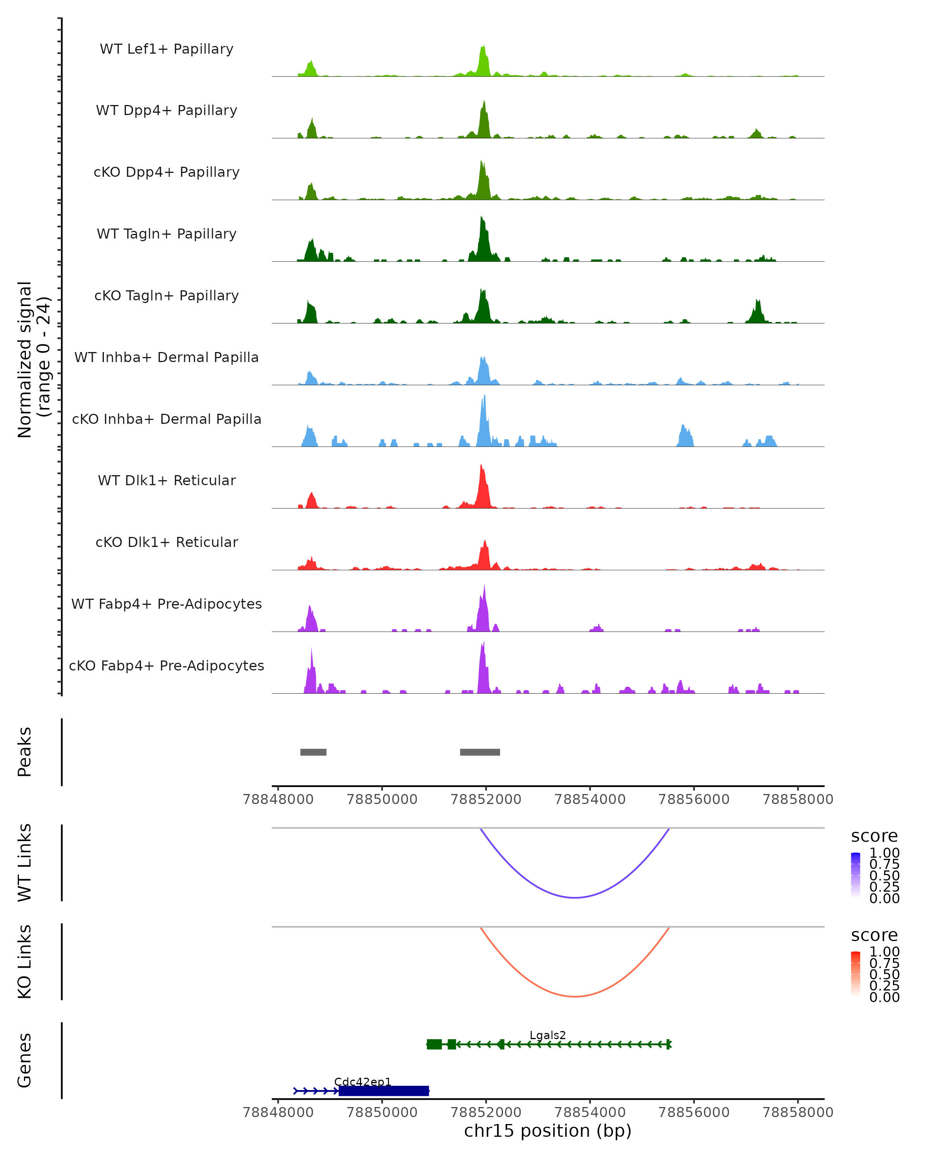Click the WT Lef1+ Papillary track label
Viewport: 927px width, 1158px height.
166,49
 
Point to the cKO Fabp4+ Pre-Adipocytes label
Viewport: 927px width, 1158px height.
166,665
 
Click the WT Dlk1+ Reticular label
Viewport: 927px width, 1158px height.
166,480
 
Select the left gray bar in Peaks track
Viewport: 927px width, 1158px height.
313,752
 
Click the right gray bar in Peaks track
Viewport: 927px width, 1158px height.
480,752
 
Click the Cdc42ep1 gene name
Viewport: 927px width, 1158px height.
363,1082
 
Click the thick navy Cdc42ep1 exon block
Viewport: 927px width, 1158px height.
384,1091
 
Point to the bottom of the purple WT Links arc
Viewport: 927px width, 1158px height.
575,897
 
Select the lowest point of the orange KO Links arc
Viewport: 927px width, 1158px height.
575,996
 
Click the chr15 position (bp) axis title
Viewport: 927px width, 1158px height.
548,1131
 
